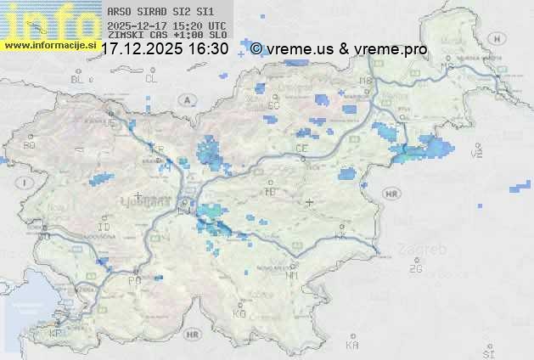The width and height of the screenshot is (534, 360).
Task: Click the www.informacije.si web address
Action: (x=48, y=44)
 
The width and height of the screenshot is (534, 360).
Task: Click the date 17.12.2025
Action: (x=143, y=48)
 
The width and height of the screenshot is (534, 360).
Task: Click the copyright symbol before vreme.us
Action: (x=256, y=49)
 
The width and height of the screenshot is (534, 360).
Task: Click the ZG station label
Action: (x=415, y=269)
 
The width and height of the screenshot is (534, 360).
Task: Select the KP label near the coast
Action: (x=56, y=334)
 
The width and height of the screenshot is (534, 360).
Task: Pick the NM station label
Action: (x=292, y=275)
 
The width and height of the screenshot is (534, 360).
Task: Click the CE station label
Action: (x=301, y=148)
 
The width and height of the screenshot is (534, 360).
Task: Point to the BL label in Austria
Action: (x=79, y=79)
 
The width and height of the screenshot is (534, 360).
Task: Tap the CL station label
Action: (x=151, y=79)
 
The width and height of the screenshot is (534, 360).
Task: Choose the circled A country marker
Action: (x=185, y=100)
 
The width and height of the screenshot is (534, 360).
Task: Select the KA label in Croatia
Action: (x=353, y=345)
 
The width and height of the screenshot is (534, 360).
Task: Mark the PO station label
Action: (x=133, y=280)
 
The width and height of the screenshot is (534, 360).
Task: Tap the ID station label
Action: (x=104, y=228)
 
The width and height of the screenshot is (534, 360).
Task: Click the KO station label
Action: (x=239, y=313)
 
